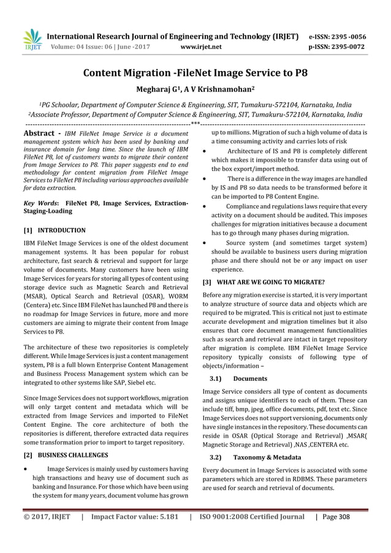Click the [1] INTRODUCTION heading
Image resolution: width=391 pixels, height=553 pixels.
coord(54,231)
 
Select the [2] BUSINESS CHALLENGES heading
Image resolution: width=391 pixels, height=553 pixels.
coord(66,456)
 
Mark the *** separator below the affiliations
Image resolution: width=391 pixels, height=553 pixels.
coord(195,124)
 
